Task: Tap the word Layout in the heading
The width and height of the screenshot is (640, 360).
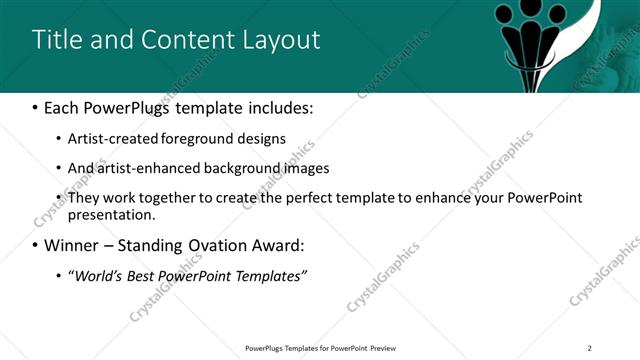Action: (x=275, y=40)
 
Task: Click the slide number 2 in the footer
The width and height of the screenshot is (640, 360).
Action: (x=590, y=348)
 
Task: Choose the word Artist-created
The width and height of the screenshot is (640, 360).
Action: (x=110, y=138)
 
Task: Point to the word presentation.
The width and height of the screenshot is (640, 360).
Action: (x=110, y=214)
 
